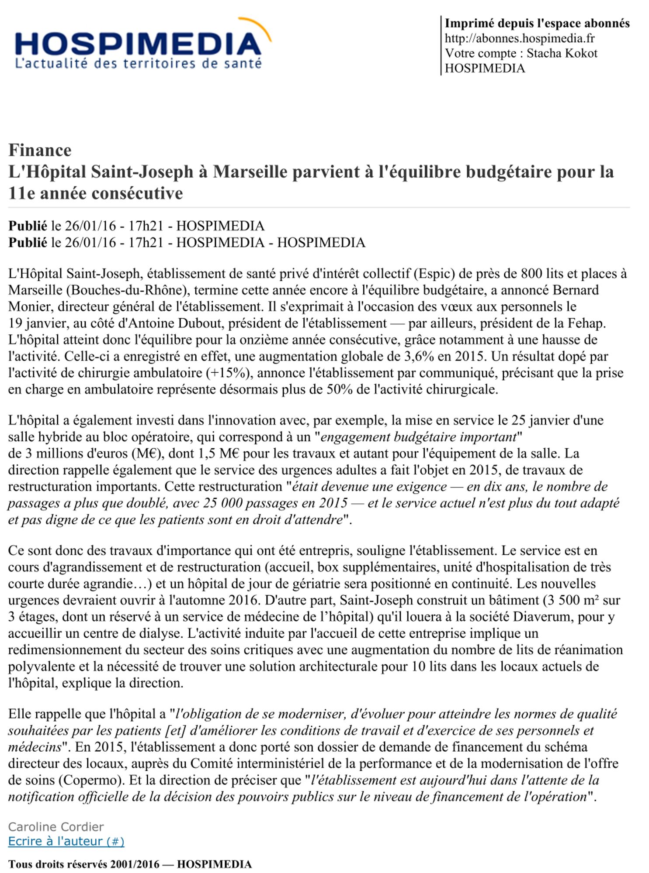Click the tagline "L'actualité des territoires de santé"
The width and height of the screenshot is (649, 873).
coord(138,64)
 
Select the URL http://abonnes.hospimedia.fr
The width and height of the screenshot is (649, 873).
coord(520,38)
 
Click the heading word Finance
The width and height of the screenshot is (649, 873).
coord(40,150)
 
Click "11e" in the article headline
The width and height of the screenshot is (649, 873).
coord(21,193)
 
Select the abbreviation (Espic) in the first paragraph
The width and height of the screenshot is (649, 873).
coord(435,274)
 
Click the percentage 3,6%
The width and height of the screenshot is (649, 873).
coord(419,357)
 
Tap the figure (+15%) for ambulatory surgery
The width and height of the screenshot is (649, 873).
coord(228,373)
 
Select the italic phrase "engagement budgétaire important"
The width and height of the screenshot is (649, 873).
coord(419,437)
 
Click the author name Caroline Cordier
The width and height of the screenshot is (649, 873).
coord(56,827)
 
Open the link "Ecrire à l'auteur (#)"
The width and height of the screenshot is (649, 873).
coord(66,842)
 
